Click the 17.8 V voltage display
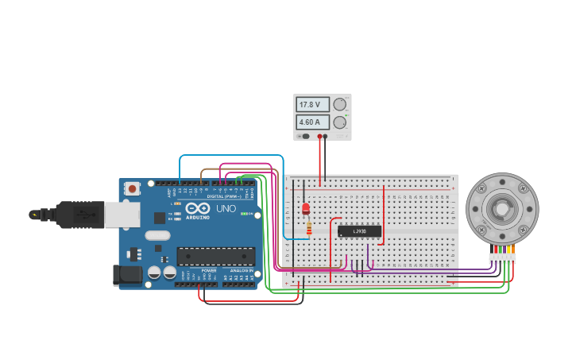[x=311, y=104]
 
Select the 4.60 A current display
[x=311, y=122]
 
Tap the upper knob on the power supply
[x=340, y=104]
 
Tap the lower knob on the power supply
[x=340, y=122]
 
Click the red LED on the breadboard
[x=306, y=208]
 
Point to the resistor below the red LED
[x=308, y=228]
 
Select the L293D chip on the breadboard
[x=359, y=231]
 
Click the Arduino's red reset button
[x=132, y=189]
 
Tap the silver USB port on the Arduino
[x=122, y=215]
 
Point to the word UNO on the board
[x=226, y=208]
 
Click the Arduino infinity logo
[x=194, y=208]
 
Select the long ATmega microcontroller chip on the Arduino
[x=215, y=256]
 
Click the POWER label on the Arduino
[x=209, y=271]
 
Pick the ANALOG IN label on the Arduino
[x=242, y=271]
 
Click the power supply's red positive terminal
[x=320, y=137]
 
